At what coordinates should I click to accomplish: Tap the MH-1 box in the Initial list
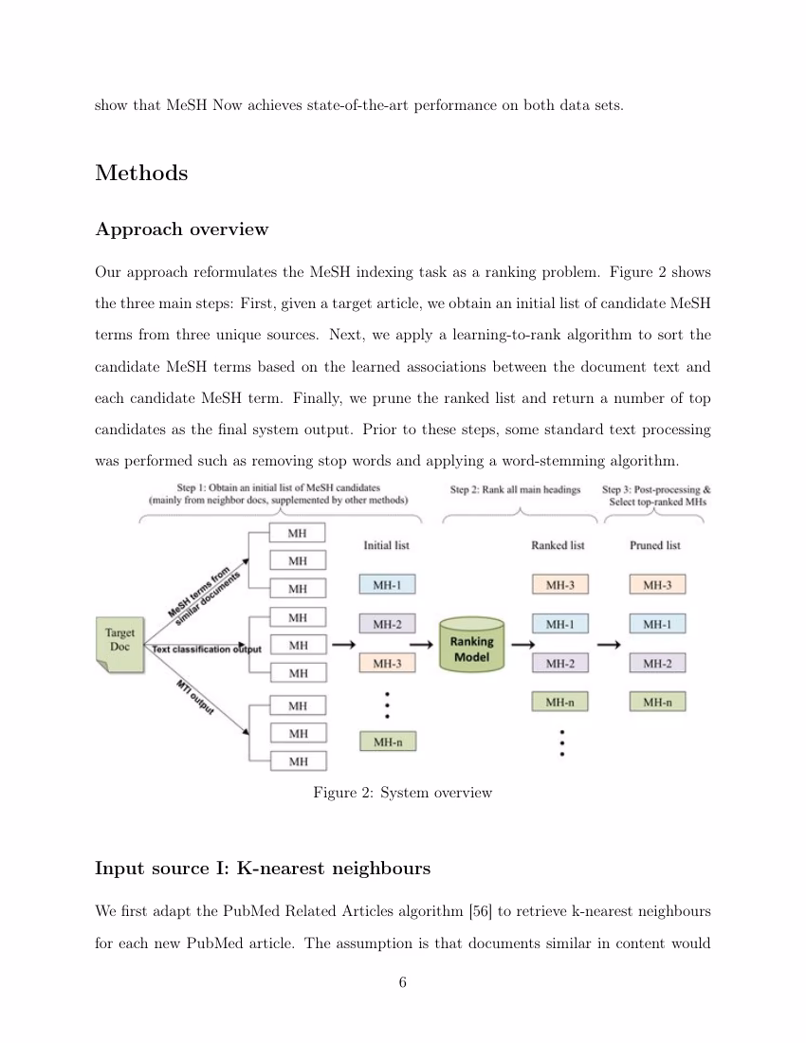click(x=387, y=585)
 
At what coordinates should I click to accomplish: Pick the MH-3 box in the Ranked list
click(x=560, y=585)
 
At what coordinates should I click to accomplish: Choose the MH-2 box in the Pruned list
click(x=657, y=664)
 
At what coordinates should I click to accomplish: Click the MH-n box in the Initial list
click(x=387, y=742)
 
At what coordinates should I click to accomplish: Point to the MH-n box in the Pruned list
click(x=657, y=703)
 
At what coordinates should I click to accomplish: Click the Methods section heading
click(x=141, y=174)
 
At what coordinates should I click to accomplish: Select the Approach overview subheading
click(x=181, y=229)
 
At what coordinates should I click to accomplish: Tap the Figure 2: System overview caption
click(x=402, y=793)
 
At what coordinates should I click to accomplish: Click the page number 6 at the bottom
click(x=403, y=982)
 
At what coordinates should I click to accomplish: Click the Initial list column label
click(x=387, y=545)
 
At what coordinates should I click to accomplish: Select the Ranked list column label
click(x=559, y=545)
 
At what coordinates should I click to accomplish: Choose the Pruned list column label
click(x=655, y=545)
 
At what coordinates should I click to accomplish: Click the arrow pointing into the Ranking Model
click(x=344, y=645)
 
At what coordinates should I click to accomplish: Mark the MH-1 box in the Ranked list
click(x=560, y=624)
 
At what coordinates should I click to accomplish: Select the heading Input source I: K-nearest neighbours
click(x=263, y=869)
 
